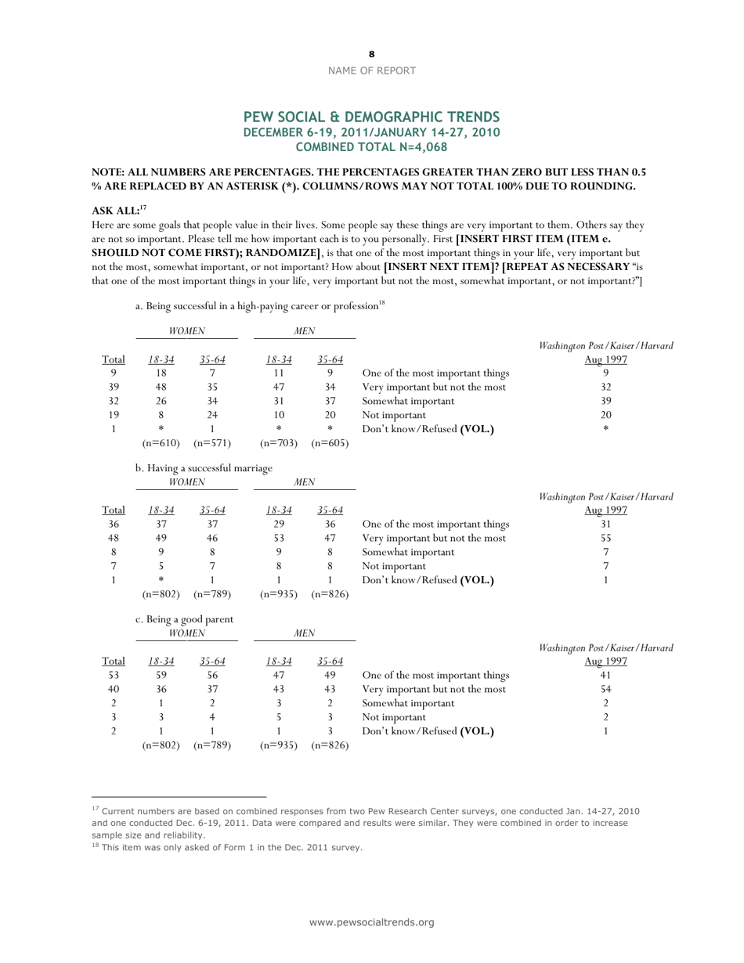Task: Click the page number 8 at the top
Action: point(371,54)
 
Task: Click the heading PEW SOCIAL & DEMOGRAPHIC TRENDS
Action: point(371,117)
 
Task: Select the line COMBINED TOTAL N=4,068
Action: point(371,146)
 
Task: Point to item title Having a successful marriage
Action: point(204,468)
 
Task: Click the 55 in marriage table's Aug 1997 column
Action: point(605,539)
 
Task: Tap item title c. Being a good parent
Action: point(184,619)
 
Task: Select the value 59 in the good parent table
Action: point(161,676)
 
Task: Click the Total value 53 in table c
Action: point(114,676)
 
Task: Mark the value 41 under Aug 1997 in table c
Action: point(605,676)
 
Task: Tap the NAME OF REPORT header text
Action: point(371,70)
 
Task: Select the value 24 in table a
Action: point(211,415)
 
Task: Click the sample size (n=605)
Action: point(330,443)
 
